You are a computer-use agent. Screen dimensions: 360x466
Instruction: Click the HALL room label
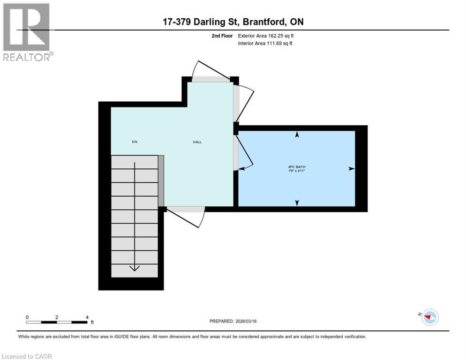click(197, 142)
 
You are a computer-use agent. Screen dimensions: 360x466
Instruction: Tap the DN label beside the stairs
click(135, 142)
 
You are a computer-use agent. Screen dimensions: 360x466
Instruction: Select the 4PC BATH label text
click(297, 166)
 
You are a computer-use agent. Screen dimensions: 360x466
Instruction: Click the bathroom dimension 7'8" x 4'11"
click(297, 171)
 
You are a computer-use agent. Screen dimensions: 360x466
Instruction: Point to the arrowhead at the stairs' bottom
click(135, 268)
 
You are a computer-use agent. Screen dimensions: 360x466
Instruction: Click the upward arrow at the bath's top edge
click(297, 135)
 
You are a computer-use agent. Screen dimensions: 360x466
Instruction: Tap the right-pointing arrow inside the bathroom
click(351, 169)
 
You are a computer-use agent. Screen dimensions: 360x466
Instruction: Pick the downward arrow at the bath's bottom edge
click(297, 202)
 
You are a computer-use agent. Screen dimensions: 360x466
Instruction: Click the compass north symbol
click(429, 317)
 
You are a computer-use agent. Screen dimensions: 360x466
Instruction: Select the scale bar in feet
click(57, 322)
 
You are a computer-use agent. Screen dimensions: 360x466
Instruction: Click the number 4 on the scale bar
click(87, 317)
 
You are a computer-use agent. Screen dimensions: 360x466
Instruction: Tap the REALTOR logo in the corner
click(28, 32)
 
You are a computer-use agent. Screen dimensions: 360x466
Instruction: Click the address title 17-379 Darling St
click(233, 22)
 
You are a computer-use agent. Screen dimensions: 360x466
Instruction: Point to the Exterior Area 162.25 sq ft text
click(265, 36)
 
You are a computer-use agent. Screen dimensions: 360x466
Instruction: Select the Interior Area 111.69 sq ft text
click(265, 44)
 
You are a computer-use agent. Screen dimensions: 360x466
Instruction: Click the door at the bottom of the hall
click(185, 210)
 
